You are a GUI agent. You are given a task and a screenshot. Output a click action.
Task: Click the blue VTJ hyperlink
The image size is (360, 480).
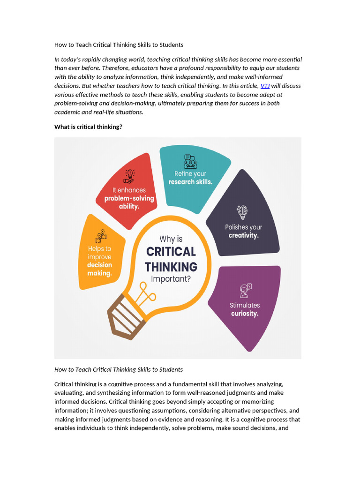click(265, 86)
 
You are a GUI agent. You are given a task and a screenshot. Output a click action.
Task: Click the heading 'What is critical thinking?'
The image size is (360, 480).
click(88, 127)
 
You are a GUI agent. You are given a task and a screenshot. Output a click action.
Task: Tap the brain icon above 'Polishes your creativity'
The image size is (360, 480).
click(242, 213)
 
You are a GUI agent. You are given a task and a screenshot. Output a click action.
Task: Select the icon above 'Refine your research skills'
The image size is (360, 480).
click(190, 162)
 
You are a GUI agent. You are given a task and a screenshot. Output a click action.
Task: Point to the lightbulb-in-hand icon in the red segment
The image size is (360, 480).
click(129, 176)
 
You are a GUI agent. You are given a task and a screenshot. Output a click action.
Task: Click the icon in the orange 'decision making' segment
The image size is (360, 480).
click(101, 235)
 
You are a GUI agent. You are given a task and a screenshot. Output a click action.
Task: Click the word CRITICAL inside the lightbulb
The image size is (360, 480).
click(171, 252)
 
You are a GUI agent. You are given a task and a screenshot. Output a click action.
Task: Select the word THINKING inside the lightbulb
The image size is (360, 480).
click(171, 267)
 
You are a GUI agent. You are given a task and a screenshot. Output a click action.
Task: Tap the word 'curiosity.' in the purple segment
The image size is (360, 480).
click(244, 314)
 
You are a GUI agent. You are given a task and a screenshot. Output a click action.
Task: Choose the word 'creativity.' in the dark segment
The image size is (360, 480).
click(243, 236)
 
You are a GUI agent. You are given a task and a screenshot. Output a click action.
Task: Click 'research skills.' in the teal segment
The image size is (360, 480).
click(190, 182)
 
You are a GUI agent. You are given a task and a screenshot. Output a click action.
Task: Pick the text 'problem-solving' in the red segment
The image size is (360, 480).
click(129, 198)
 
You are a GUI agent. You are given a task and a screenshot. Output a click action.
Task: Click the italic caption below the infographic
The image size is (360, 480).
click(118, 369)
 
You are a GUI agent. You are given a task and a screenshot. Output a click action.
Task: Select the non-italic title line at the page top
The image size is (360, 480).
click(119, 45)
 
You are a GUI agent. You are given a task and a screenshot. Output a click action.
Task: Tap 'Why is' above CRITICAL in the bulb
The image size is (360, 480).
click(171, 239)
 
